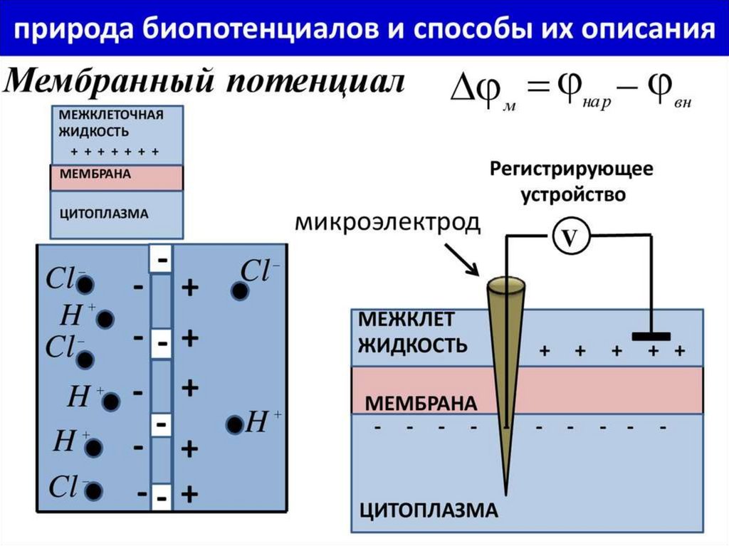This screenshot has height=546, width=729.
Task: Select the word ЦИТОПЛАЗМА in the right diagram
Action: (x=427, y=511)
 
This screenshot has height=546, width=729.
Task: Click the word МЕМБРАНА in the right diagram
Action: (x=420, y=404)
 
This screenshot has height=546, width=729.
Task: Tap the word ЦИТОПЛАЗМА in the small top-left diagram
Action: (x=104, y=213)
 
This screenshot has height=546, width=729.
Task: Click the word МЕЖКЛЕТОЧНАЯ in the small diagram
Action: (x=110, y=115)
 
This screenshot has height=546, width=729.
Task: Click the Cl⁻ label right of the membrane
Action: (x=261, y=271)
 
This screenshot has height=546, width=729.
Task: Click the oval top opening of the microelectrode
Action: (x=506, y=286)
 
